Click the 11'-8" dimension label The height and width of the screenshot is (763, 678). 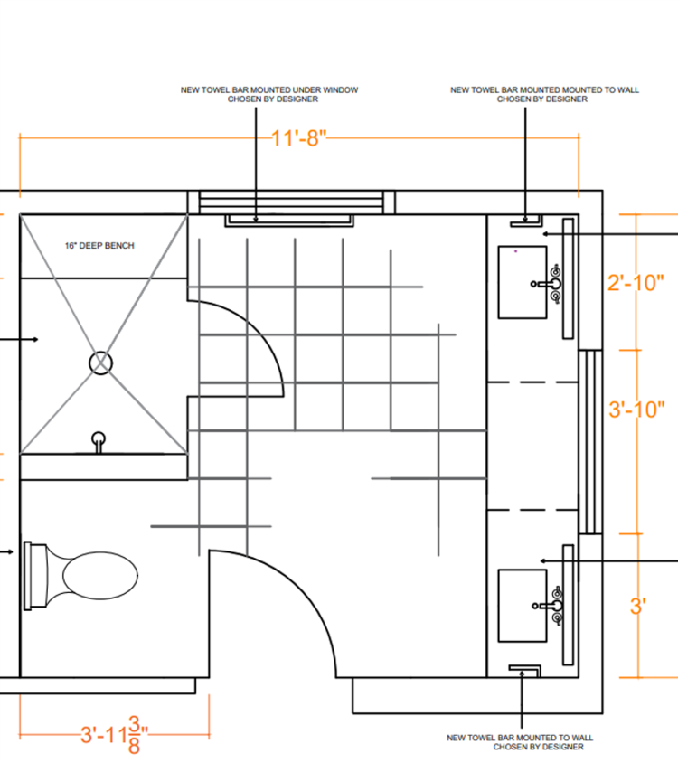click(298, 138)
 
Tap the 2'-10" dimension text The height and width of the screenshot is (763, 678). click(636, 283)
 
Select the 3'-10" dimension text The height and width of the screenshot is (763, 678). click(636, 410)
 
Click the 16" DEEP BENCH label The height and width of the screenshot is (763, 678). click(99, 246)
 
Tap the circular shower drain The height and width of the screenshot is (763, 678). click(100, 363)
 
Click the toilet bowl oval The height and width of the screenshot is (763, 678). click(100, 575)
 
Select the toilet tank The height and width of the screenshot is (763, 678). click(36, 575)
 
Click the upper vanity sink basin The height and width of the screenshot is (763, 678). click(523, 282)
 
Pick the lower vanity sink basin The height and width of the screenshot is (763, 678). click(523, 606)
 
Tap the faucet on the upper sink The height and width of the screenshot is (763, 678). click(549, 284)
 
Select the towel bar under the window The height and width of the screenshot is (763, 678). click(289, 221)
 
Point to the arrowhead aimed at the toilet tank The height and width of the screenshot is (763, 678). click(10, 551)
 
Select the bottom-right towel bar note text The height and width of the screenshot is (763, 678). click(520, 742)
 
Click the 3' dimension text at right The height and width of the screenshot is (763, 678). click(638, 607)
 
